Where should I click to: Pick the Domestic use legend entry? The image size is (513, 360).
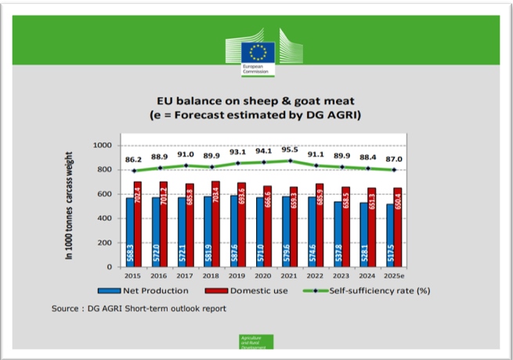[249, 290]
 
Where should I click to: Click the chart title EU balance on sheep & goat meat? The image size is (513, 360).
[257, 101]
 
